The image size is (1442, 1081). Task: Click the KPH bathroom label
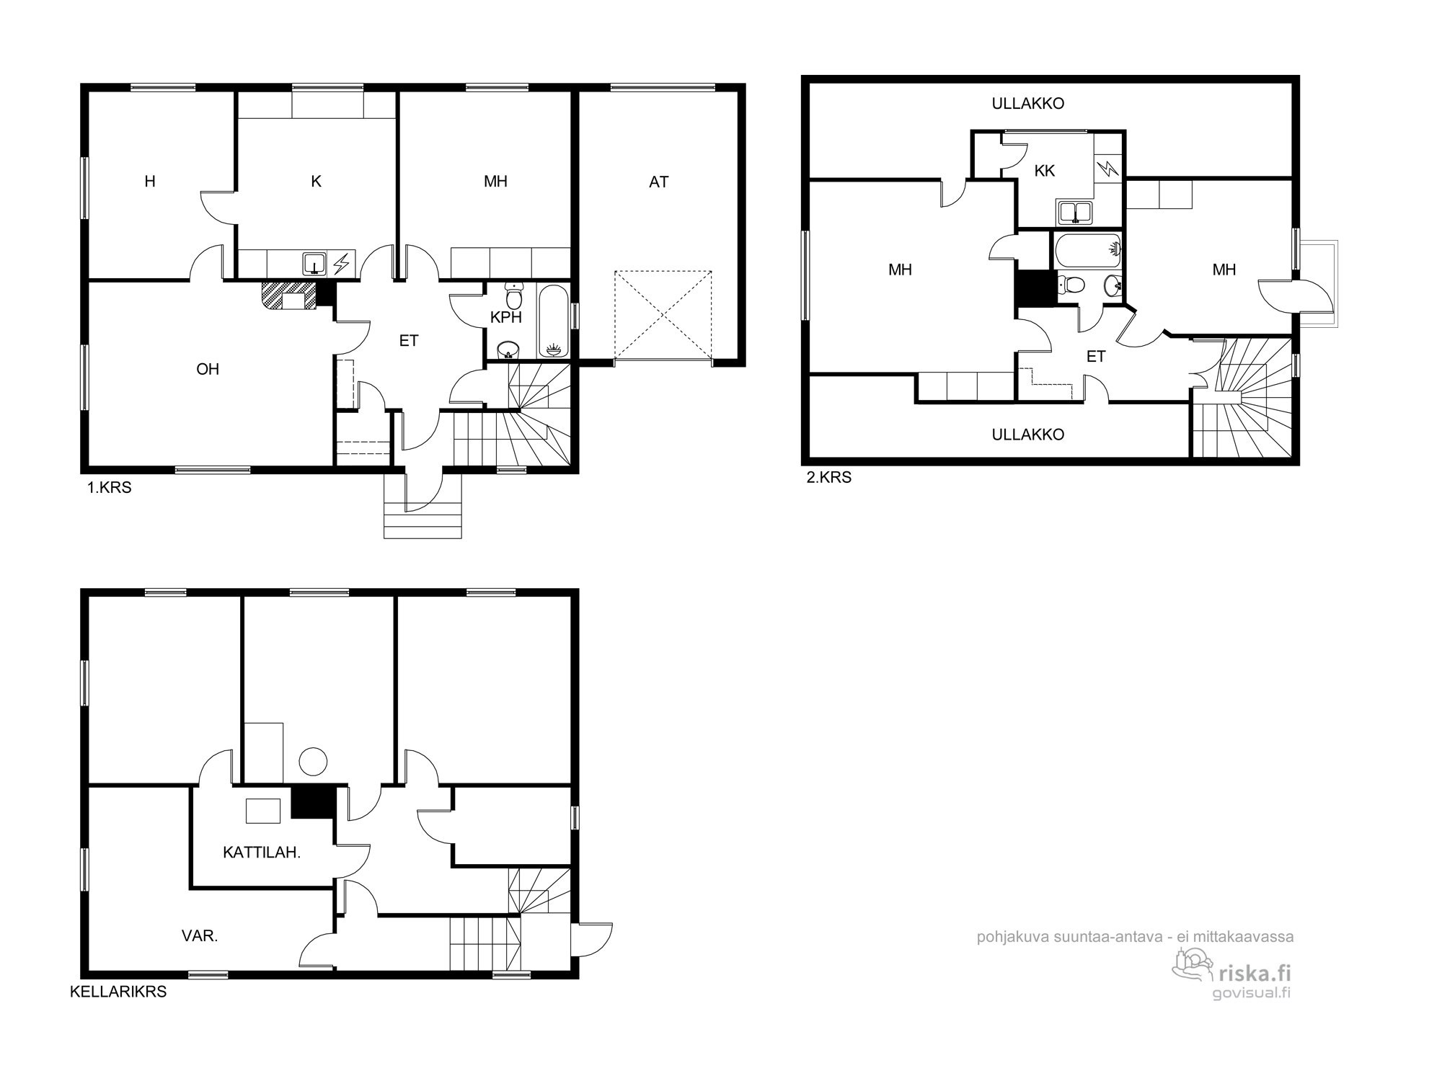click(x=505, y=317)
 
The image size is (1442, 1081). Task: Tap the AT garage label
click(x=658, y=182)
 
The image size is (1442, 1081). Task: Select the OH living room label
click(x=208, y=369)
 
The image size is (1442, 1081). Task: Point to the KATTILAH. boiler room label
click(x=262, y=853)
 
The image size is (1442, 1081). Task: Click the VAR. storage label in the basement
click(x=200, y=936)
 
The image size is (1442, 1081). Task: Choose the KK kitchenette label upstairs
click(x=1044, y=171)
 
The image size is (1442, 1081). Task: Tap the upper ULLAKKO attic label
click(x=1028, y=104)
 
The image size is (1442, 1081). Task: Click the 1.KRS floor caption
click(x=110, y=488)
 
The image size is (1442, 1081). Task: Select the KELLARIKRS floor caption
click(x=118, y=992)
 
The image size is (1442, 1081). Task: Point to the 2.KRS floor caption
click(x=829, y=477)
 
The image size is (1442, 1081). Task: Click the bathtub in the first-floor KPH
click(x=553, y=321)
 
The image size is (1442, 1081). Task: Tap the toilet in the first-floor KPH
click(x=514, y=295)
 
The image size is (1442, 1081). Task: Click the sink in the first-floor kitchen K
click(x=314, y=263)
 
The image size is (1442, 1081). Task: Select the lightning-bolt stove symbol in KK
click(x=1107, y=169)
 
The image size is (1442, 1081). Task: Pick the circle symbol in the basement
click(x=313, y=761)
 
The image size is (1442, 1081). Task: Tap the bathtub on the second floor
click(x=1087, y=249)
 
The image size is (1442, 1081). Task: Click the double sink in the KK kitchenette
click(x=1075, y=213)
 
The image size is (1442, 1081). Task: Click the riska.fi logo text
click(x=1254, y=974)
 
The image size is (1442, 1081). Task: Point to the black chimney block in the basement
click(x=314, y=801)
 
